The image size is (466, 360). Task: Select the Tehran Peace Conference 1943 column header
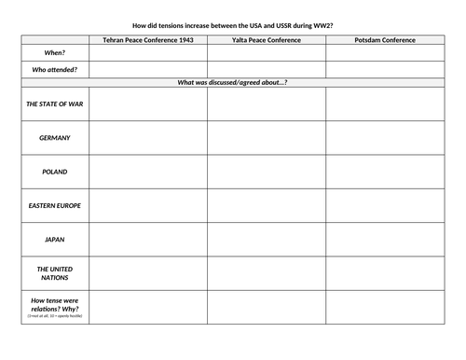point(148,40)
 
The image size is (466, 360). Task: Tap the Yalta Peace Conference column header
point(267,40)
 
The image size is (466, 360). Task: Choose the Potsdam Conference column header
point(385,40)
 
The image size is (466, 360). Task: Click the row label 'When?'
point(54,53)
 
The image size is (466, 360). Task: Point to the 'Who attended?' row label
point(54,70)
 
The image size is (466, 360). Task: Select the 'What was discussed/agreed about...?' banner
point(233,82)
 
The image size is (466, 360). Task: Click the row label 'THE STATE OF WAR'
point(54,104)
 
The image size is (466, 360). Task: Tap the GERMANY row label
point(54,138)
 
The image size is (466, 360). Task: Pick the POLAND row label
point(54,172)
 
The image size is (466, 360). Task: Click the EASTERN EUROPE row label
point(54,205)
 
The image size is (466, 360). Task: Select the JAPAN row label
point(54,239)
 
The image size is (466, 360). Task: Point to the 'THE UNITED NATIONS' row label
point(54,272)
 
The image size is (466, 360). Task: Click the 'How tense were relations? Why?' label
point(54,307)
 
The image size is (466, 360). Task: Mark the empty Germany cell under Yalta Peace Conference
point(267,138)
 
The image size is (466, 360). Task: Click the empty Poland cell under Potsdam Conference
point(385,172)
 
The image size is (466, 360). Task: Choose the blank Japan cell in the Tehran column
point(148,239)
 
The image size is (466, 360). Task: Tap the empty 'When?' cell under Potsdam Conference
point(385,53)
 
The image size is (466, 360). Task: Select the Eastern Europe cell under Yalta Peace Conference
point(267,205)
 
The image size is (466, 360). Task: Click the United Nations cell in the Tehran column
point(148,272)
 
